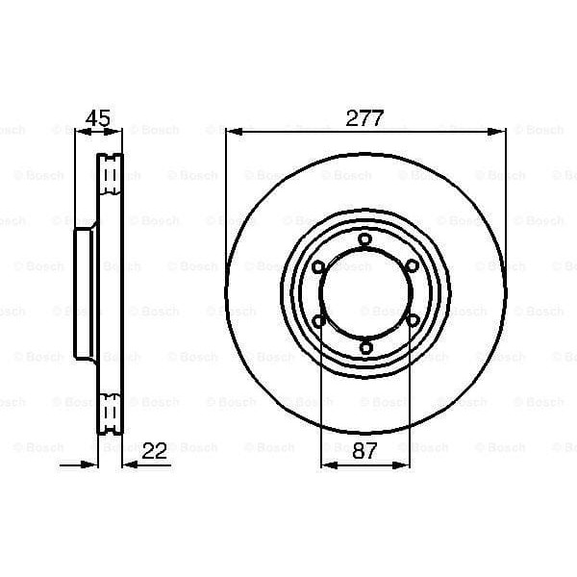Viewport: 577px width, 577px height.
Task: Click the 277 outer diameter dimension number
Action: point(365,119)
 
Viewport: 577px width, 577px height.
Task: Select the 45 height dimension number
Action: point(98,119)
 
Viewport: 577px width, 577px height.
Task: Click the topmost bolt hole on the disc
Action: point(364,239)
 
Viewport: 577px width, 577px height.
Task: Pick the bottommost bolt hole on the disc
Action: point(364,349)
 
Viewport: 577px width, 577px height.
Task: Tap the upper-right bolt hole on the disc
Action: point(412,266)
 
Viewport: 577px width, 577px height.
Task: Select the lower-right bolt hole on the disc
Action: point(412,321)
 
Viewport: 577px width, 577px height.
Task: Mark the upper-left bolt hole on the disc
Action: point(317,266)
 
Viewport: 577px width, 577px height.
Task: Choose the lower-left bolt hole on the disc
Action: point(317,321)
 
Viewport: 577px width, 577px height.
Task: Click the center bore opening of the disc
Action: point(364,294)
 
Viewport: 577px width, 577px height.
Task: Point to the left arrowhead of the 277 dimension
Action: point(231,132)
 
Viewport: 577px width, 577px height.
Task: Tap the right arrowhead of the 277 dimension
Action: point(499,132)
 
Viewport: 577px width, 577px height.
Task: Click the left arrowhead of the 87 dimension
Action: point(325,464)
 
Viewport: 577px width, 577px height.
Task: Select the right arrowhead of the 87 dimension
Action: point(405,464)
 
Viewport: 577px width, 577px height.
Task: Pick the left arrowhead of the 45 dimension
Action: point(80,132)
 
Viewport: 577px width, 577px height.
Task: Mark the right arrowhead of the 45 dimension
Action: point(118,132)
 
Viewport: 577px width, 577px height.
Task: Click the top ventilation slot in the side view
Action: point(111,172)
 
